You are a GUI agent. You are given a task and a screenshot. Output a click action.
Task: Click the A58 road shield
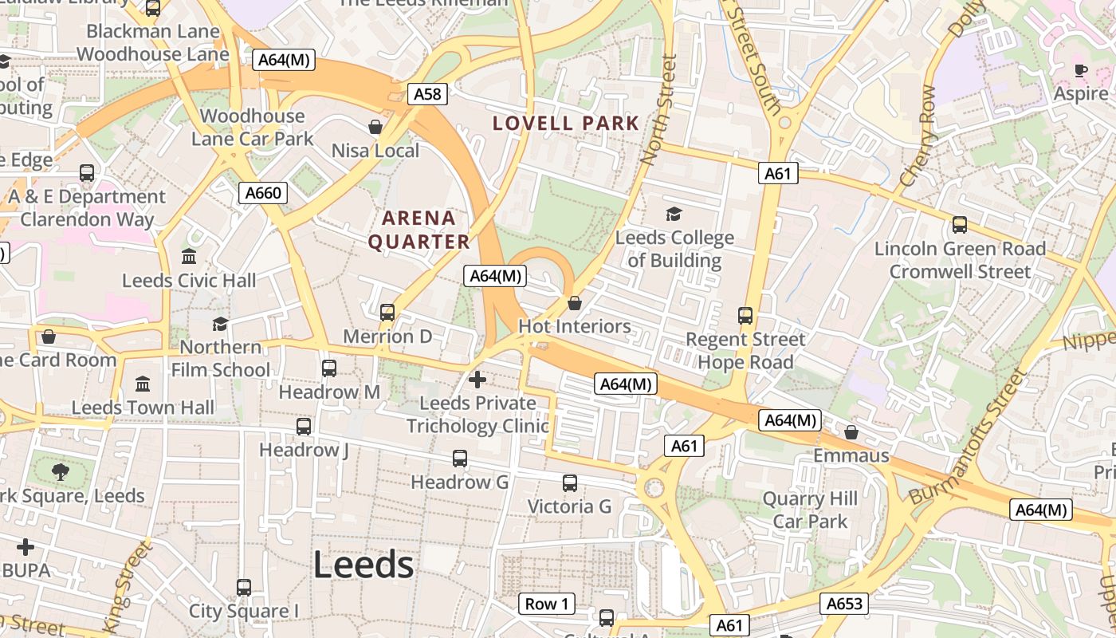point(427,94)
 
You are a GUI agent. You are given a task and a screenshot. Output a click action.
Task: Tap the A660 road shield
point(263,193)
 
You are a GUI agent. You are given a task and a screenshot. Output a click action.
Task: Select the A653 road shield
point(844,604)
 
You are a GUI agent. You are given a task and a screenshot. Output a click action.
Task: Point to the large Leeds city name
point(363,565)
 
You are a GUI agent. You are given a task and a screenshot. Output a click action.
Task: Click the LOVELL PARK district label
point(566,124)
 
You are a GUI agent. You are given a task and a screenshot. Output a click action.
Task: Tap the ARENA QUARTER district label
point(418,230)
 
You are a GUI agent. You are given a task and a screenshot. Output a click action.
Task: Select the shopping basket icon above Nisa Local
point(375,127)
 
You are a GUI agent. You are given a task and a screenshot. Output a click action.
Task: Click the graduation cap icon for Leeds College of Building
point(674,214)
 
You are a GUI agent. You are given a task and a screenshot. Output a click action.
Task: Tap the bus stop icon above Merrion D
point(387,313)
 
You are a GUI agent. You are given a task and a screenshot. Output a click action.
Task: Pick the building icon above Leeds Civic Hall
point(190,257)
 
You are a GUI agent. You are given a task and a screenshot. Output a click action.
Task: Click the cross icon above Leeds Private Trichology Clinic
point(477,380)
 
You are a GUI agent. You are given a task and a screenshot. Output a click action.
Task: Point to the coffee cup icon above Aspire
point(1080,70)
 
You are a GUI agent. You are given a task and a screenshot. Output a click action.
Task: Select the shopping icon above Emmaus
point(851,432)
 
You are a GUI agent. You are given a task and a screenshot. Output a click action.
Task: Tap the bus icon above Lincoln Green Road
point(960,225)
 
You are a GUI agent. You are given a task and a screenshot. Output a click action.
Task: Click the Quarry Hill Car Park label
point(810,510)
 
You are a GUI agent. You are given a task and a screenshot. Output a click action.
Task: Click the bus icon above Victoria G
point(570,482)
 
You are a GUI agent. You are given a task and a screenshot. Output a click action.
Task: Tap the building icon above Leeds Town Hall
point(143,384)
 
